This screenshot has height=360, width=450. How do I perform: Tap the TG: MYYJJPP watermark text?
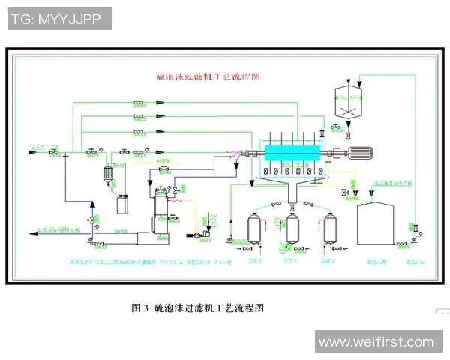pos(58,19)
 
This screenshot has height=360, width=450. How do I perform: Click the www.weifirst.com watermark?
pos(376,342)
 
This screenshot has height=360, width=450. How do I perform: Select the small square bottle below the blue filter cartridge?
pos(121,202)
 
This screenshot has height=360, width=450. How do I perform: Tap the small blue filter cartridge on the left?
pos(107,172)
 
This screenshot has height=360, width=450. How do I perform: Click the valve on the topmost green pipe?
pos(138,102)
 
